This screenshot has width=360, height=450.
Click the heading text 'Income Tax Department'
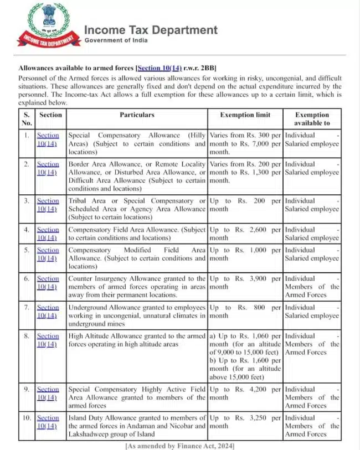[x=151, y=30]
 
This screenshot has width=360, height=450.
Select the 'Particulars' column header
[x=137, y=115]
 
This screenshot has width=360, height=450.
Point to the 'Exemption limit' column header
[x=245, y=115]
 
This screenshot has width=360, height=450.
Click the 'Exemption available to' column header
[x=312, y=119]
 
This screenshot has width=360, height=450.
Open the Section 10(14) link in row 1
[x=48, y=139]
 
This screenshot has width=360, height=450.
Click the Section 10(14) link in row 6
[x=48, y=283]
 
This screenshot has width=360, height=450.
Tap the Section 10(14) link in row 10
[x=48, y=422]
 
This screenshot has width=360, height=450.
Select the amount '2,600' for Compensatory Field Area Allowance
[x=260, y=230]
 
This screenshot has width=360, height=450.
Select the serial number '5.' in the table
[x=27, y=250]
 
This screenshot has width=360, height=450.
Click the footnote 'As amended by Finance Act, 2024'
[x=180, y=446]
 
